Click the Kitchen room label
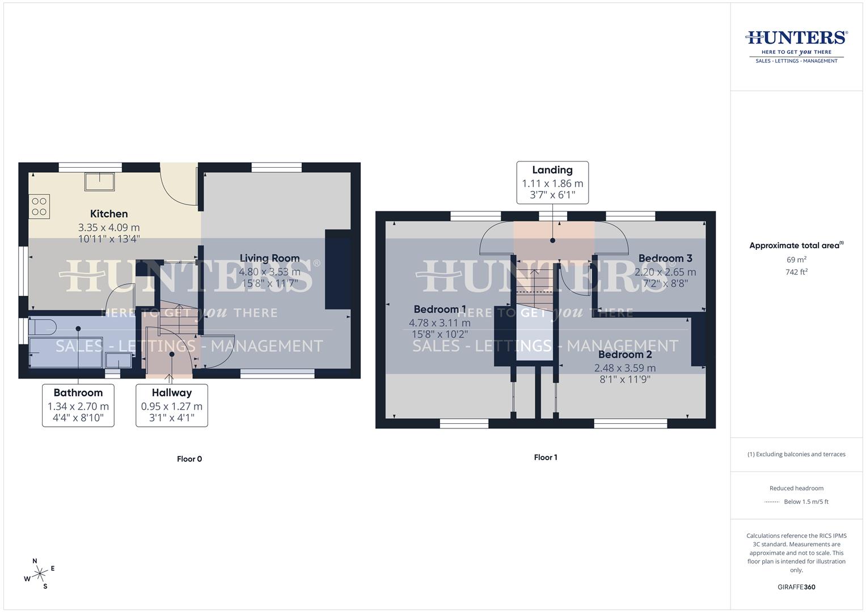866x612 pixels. (109, 214)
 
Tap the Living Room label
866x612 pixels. (269, 258)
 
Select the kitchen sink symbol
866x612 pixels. (100, 182)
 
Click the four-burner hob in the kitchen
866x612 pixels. (39, 206)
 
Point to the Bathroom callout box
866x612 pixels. (78, 405)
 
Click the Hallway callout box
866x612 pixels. (171, 405)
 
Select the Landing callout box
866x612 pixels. (552, 182)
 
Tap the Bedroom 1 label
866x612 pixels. (440, 309)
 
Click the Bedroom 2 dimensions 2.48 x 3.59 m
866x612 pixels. (624, 368)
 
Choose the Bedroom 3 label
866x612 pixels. (665, 258)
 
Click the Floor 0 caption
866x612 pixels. (189, 459)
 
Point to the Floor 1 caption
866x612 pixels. (546, 457)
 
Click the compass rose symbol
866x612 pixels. (40, 574)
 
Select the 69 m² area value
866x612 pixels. (796, 260)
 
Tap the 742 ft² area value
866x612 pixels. (796, 272)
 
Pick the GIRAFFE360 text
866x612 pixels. (796, 587)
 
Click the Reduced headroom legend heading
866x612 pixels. (796, 488)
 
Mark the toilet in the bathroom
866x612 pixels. (43, 327)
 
